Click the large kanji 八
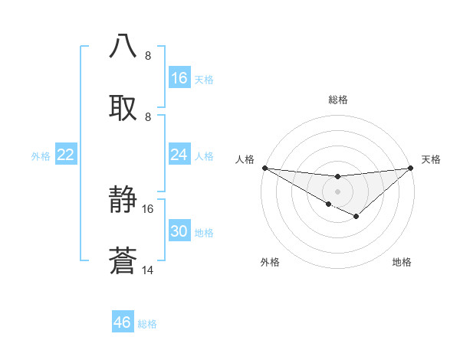point(123,46)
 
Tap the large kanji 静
point(123,201)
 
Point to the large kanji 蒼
point(123,260)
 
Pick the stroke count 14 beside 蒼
point(148,270)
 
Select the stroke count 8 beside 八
point(148,56)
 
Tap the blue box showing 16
point(179,78)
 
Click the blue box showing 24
point(179,155)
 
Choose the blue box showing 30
point(179,231)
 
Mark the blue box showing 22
point(66,155)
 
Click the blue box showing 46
point(123,322)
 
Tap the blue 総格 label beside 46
point(147,324)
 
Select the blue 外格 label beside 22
point(41,156)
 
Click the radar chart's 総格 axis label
point(337,100)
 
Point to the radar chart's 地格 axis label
point(402,262)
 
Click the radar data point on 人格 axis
point(264,168)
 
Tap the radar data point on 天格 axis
point(411,168)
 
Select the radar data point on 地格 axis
point(356,217)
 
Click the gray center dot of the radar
point(337,191)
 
